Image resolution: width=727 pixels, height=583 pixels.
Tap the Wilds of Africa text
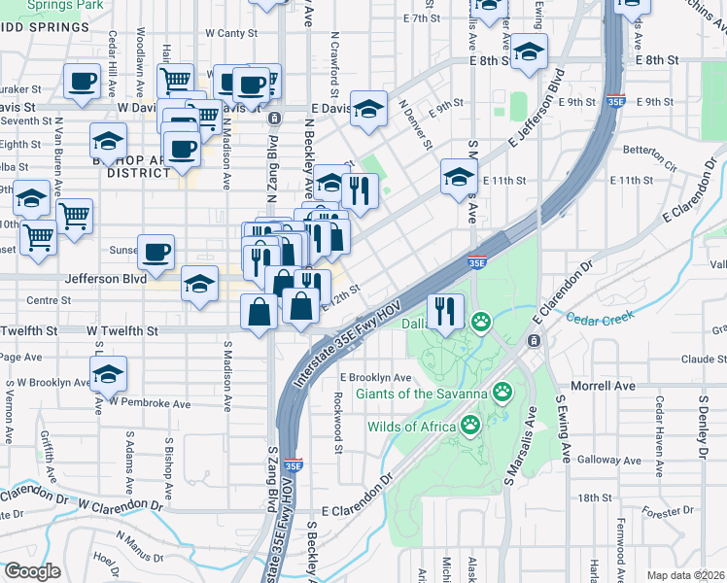411,426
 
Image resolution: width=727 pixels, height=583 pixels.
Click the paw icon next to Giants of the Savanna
502,393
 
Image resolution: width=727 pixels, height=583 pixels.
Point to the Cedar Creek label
599,317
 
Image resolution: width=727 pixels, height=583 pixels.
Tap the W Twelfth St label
122,331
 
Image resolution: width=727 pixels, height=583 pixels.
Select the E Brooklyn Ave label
375,378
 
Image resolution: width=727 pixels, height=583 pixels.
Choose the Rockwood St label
338,422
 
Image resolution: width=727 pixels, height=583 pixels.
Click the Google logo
32,571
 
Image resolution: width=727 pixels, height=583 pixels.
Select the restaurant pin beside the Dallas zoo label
445,313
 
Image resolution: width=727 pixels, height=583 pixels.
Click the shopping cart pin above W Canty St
175,80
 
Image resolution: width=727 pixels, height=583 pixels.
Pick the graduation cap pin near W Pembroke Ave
108,372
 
